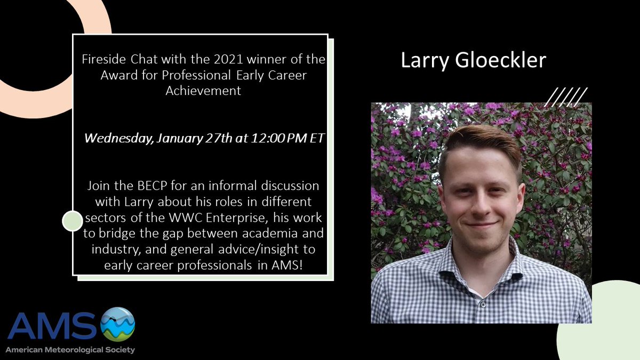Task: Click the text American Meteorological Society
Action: tap(70, 350)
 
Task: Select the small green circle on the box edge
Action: tap(72, 221)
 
